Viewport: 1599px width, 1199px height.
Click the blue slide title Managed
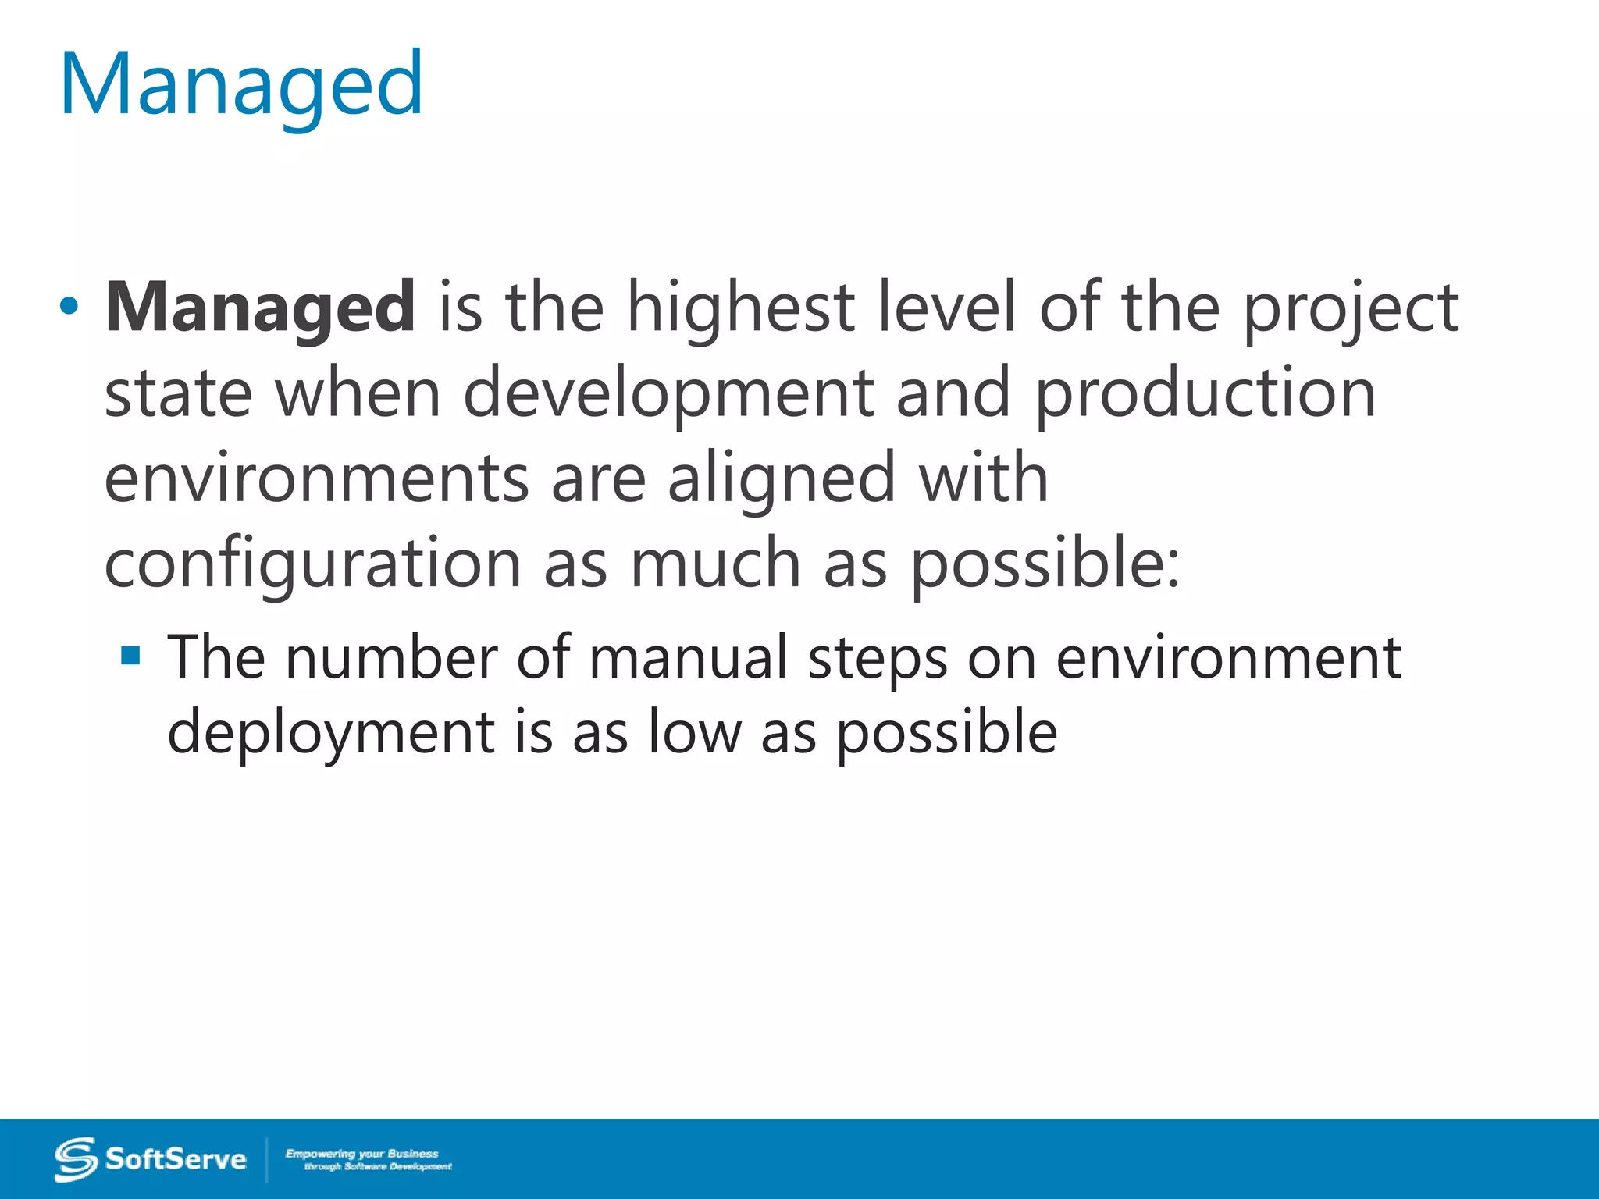[241, 84]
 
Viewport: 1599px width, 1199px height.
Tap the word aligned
[781, 481]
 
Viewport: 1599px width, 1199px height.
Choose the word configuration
[312, 566]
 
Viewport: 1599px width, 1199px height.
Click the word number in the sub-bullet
[391, 658]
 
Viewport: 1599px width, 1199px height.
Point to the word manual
[688, 658]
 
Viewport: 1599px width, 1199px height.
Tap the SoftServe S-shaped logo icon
[76, 1159]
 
